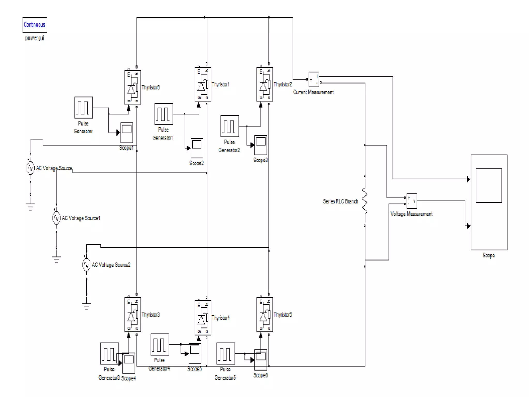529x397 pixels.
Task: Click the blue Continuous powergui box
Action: click(x=35, y=25)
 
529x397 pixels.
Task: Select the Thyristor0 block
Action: click(x=133, y=87)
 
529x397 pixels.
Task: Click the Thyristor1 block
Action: click(x=203, y=85)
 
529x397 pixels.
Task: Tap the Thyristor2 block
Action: click(x=264, y=85)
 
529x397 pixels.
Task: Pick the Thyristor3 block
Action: click(x=133, y=315)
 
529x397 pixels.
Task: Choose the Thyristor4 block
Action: click(x=203, y=318)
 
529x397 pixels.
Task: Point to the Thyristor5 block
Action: click(x=264, y=315)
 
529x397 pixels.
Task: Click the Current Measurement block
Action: click(x=314, y=79)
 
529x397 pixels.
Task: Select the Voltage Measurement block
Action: click(x=411, y=201)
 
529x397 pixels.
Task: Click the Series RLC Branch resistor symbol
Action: click(x=365, y=201)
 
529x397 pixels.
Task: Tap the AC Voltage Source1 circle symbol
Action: click(x=56, y=218)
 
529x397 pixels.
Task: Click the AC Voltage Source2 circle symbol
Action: click(x=86, y=265)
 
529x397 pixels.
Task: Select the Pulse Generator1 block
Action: click(x=164, y=114)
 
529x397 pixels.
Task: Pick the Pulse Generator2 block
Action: click(x=229, y=126)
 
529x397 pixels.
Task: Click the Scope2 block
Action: click(x=197, y=148)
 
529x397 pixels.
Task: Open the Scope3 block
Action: click(x=260, y=145)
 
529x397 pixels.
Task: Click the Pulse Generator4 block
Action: click(x=160, y=344)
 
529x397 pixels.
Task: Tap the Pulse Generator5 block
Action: click(x=225, y=354)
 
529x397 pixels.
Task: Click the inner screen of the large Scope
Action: click(x=488, y=185)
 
